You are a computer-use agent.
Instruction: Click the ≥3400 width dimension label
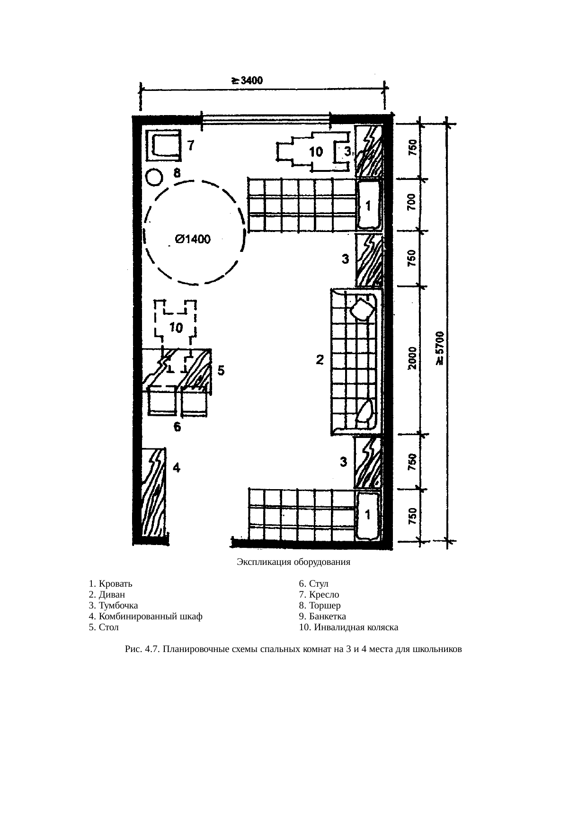246,80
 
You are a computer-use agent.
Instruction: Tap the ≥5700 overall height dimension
440,348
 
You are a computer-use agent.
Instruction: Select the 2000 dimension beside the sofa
412,358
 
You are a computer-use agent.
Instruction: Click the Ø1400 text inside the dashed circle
193,240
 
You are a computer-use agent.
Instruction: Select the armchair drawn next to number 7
163,145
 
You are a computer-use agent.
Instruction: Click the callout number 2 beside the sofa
320,360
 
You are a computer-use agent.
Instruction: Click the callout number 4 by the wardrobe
176,468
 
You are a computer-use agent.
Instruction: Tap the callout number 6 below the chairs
177,428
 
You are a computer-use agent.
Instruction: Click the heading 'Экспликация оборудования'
293,563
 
